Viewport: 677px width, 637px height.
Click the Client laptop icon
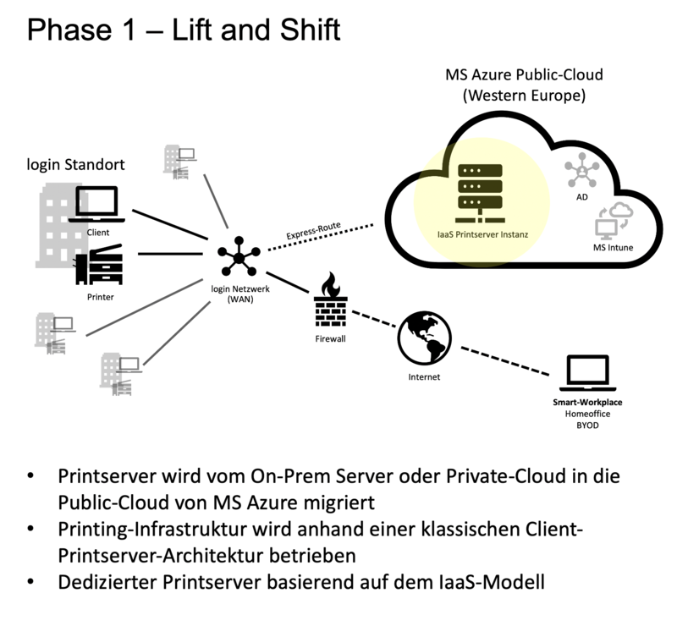100,206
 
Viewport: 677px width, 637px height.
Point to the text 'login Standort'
76,164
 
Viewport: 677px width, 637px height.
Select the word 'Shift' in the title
302,31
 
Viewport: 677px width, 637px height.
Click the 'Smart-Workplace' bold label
587,403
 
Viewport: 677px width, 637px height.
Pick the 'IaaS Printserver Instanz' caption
479,233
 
